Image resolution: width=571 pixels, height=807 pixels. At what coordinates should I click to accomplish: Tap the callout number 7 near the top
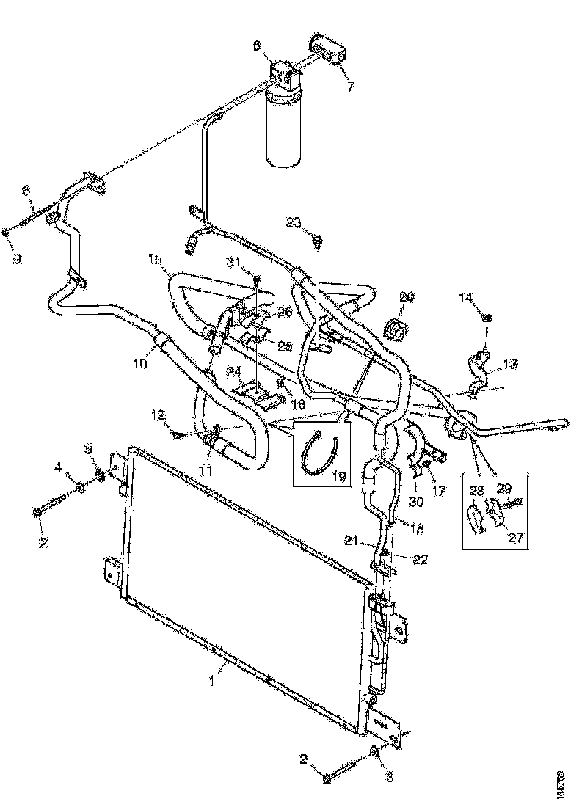click(x=350, y=87)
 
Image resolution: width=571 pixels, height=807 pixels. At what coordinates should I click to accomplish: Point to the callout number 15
click(x=154, y=259)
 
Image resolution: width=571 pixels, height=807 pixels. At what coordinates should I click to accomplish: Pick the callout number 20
click(x=406, y=296)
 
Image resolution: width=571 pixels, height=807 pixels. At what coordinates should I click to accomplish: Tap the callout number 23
click(x=294, y=222)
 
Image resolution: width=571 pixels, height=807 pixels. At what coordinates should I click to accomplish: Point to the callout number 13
click(x=509, y=364)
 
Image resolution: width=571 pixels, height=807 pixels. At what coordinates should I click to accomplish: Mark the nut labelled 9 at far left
click(x=7, y=233)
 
